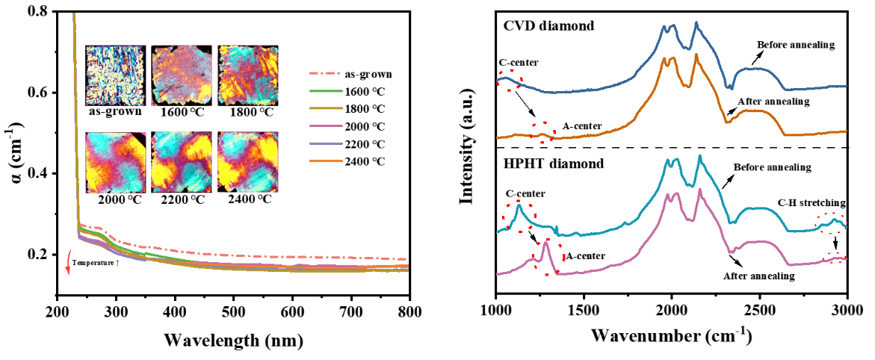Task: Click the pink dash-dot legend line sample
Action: point(325,73)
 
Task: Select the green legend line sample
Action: point(326,91)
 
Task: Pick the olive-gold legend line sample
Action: point(326,108)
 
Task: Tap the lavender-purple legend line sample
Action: point(326,143)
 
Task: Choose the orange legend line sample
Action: point(326,161)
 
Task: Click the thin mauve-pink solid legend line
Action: point(326,125)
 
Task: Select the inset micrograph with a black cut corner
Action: point(116,162)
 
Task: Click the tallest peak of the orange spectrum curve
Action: point(696,55)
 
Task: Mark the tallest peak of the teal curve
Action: point(700,156)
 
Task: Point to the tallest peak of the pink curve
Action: point(700,189)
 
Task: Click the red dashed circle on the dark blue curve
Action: point(510,80)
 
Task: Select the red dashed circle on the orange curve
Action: point(543,132)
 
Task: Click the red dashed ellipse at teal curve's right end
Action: point(831,222)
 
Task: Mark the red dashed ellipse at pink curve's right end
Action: point(835,258)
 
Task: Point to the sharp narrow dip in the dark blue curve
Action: point(730,87)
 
